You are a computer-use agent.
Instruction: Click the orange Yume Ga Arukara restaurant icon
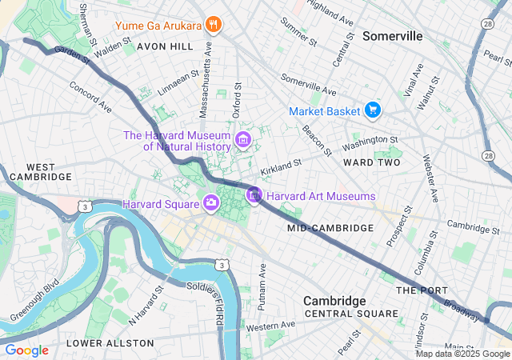tap(212, 24)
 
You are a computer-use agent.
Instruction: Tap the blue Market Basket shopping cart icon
tap(372, 110)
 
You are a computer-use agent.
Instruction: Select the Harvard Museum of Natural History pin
tap(243, 142)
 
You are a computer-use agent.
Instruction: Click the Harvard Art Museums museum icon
tap(254, 195)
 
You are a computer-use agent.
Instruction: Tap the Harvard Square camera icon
tap(210, 202)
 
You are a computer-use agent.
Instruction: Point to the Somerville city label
tap(392, 36)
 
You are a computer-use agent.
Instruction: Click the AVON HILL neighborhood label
tap(165, 46)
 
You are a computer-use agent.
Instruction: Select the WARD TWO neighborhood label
tap(371, 162)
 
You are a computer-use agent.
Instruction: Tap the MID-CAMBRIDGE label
tap(330, 228)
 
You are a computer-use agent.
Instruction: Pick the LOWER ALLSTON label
tap(110, 342)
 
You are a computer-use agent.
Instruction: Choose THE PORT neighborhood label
tap(418, 290)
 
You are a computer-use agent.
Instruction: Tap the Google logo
tap(26, 350)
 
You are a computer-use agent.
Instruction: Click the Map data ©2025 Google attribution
tap(462, 354)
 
